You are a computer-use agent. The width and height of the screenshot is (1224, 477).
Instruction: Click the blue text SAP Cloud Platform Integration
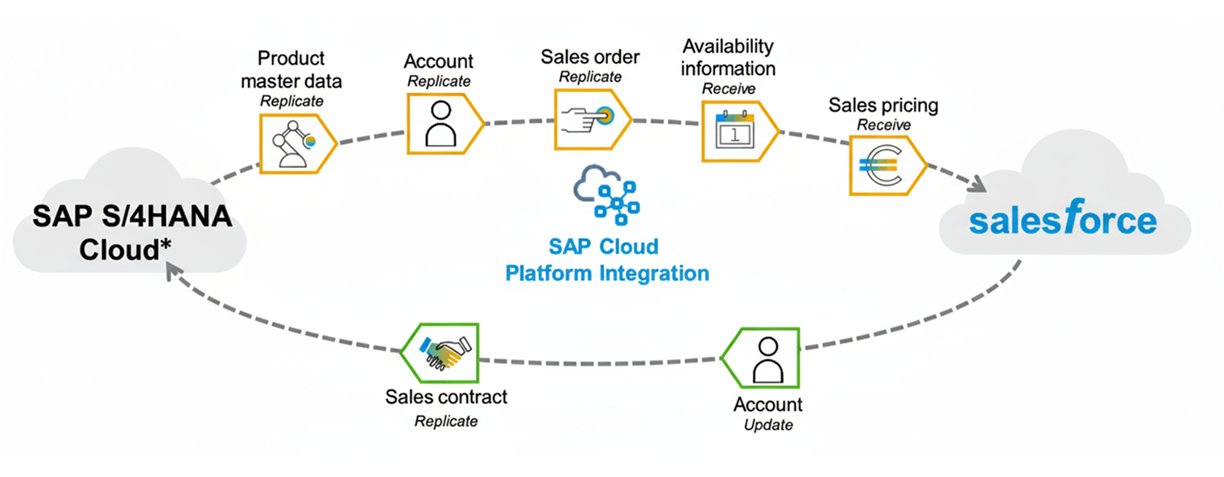tap(607, 260)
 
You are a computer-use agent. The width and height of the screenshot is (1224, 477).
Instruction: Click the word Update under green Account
tap(767, 425)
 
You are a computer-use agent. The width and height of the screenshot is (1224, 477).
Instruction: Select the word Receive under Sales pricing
tap(883, 125)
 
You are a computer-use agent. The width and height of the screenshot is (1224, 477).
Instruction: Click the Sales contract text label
tap(446, 397)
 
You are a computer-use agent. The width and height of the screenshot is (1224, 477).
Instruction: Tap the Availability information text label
tap(728, 57)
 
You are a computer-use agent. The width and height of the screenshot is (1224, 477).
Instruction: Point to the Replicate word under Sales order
tap(590, 77)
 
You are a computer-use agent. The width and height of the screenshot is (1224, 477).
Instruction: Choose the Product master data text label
tap(292, 69)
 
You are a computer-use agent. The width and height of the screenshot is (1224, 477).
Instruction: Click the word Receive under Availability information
tap(728, 88)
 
